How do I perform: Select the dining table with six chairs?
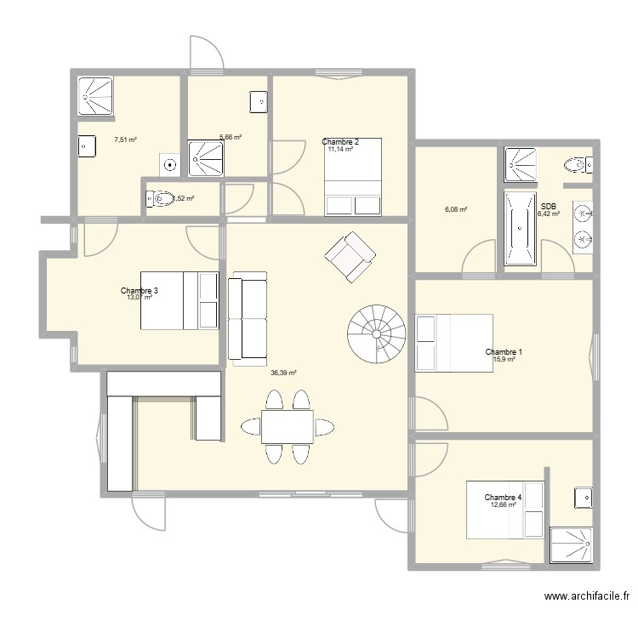pyautogui.click(x=287, y=426)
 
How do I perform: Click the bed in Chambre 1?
pyautogui.click(x=453, y=343)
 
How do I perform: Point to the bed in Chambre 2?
pyautogui.click(x=352, y=177)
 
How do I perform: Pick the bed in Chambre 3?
pyautogui.click(x=179, y=300)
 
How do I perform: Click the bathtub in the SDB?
pyautogui.click(x=519, y=228)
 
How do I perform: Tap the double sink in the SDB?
pyautogui.click(x=583, y=227)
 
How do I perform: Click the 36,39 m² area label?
pyautogui.click(x=283, y=373)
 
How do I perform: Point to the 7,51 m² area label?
pyautogui.click(x=126, y=140)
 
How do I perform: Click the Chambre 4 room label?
pyautogui.click(x=503, y=497)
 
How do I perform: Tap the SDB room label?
pyautogui.click(x=549, y=205)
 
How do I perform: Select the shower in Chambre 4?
pyautogui.click(x=570, y=546)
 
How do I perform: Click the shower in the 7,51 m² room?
pyautogui.click(x=95, y=95)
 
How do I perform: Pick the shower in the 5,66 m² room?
pyautogui.click(x=206, y=158)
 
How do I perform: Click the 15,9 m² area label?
pyautogui.click(x=504, y=360)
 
